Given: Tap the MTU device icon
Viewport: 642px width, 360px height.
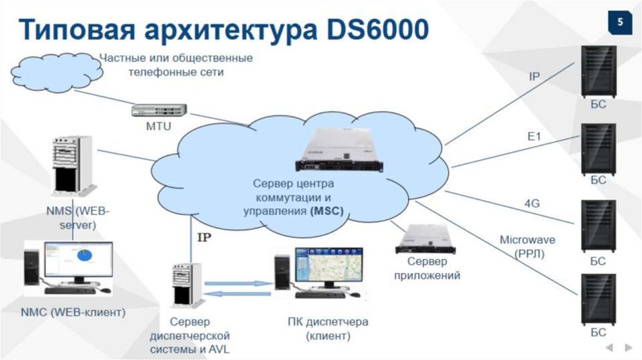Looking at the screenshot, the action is [x=159, y=110].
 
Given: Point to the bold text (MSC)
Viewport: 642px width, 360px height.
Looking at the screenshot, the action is [x=327, y=211].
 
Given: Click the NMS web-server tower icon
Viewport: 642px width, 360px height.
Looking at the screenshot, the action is [x=71, y=166].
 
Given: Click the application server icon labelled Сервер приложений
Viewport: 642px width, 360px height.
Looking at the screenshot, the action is [x=428, y=240].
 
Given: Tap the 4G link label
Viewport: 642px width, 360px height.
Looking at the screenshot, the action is [x=532, y=203].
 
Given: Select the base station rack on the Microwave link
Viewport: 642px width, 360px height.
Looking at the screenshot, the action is [x=598, y=298].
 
